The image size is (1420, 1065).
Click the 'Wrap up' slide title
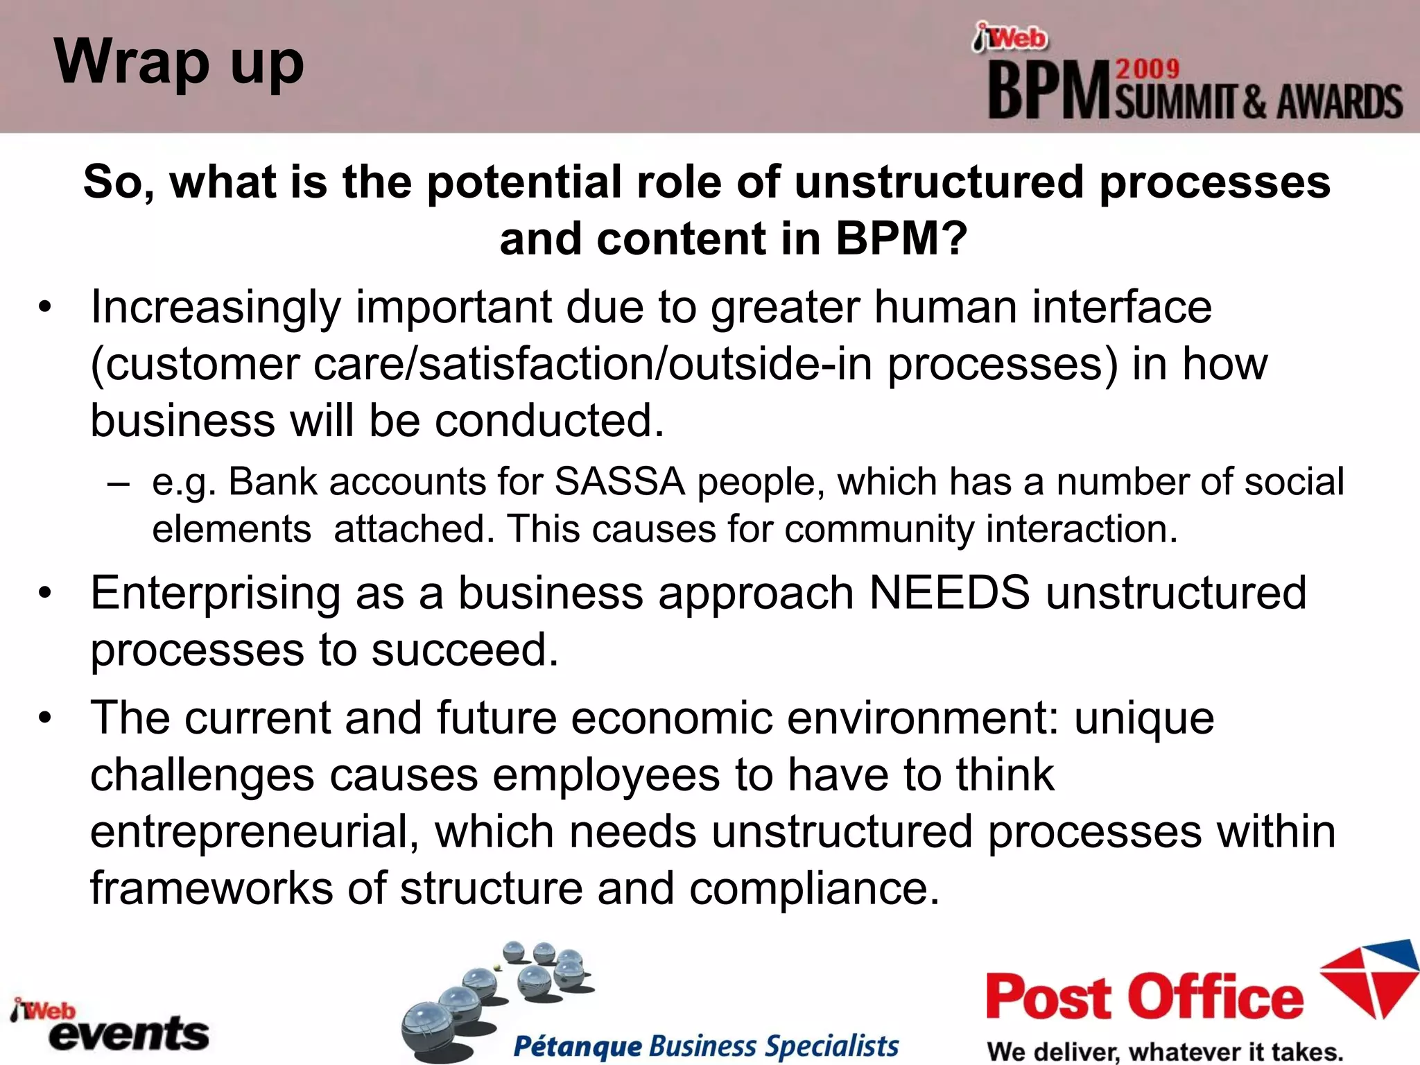coord(179,62)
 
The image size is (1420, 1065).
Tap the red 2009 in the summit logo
coord(1147,69)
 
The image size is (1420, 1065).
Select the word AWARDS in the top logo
coord(1340,103)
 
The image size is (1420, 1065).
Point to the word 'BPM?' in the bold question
coord(901,239)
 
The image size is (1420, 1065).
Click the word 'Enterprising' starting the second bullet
coord(215,594)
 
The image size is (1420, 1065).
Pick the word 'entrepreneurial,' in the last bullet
coord(254,831)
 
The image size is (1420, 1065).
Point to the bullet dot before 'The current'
coord(45,718)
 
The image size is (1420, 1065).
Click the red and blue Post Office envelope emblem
coord(1370,978)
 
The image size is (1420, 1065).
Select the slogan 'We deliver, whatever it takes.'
coord(1165,1051)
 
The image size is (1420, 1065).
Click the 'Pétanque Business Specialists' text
coord(706,1046)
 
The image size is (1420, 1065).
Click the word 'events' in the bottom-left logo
coord(129,1034)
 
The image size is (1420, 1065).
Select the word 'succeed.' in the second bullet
coord(464,650)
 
